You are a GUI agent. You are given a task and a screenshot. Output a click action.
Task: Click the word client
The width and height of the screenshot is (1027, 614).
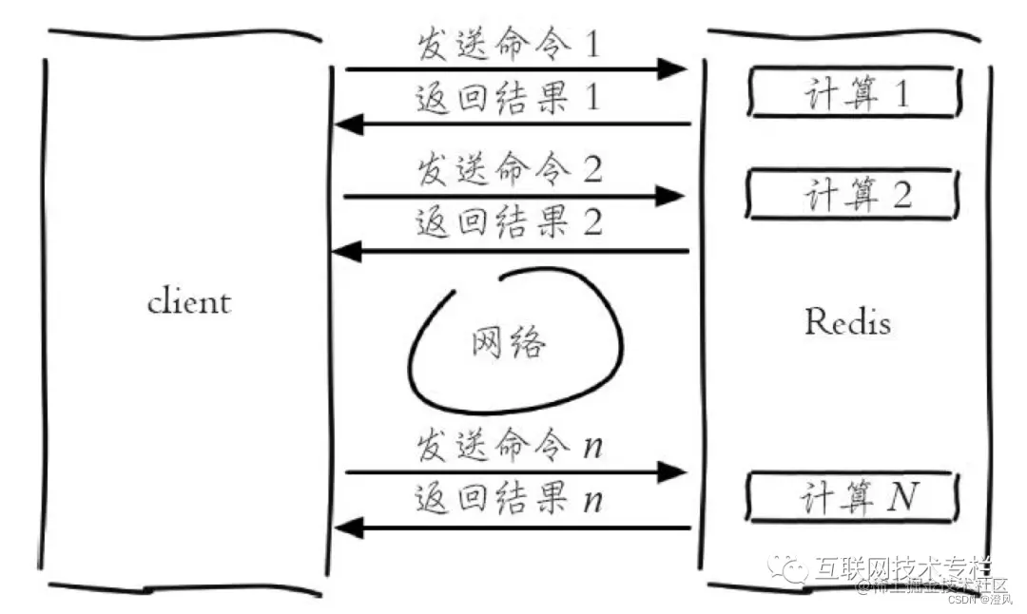(x=189, y=302)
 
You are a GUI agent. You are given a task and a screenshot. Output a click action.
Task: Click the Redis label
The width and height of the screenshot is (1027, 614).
(x=848, y=322)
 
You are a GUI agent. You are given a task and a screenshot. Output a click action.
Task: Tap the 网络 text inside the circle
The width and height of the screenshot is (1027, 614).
(x=509, y=341)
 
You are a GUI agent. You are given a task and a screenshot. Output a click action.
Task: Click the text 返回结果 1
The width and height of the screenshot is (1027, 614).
(x=509, y=99)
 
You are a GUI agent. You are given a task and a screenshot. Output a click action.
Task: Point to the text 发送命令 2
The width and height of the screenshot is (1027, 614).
(x=509, y=171)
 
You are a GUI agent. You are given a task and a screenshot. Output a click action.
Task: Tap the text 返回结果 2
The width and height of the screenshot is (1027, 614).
(x=509, y=224)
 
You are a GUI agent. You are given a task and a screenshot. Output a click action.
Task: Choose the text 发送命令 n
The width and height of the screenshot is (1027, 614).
(x=509, y=447)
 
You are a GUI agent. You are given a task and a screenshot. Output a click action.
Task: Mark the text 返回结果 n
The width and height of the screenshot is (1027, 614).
(x=509, y=499)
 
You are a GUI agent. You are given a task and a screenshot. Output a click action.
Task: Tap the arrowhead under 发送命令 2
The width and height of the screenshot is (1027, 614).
(x=671, y=197)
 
